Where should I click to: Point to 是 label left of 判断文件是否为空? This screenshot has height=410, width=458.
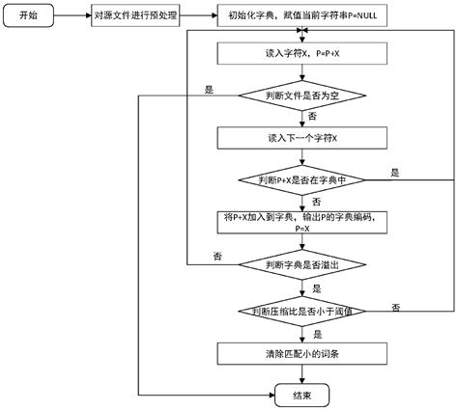point(208,88)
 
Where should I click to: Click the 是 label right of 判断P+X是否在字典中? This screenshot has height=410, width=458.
point(395,173)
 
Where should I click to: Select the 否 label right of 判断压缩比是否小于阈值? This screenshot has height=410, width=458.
point(396,305)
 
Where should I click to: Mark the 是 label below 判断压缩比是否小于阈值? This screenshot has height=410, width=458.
point(315,287)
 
